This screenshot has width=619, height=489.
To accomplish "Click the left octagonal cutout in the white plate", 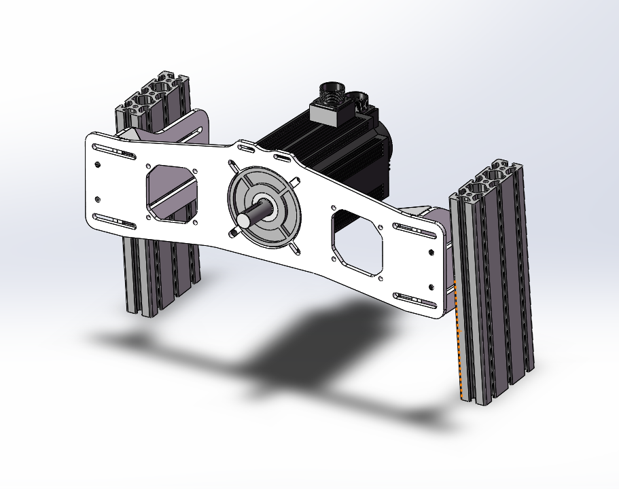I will pos(173,192).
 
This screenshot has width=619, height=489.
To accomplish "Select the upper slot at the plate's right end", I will pos(416,230).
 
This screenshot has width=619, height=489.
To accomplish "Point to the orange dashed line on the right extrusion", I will pos(459,340).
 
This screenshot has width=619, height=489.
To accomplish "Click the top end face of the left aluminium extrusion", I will pos(153,95).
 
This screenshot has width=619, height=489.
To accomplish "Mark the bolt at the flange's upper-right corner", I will pos(296,180).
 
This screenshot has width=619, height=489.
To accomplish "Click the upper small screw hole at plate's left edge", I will pos(99,164).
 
